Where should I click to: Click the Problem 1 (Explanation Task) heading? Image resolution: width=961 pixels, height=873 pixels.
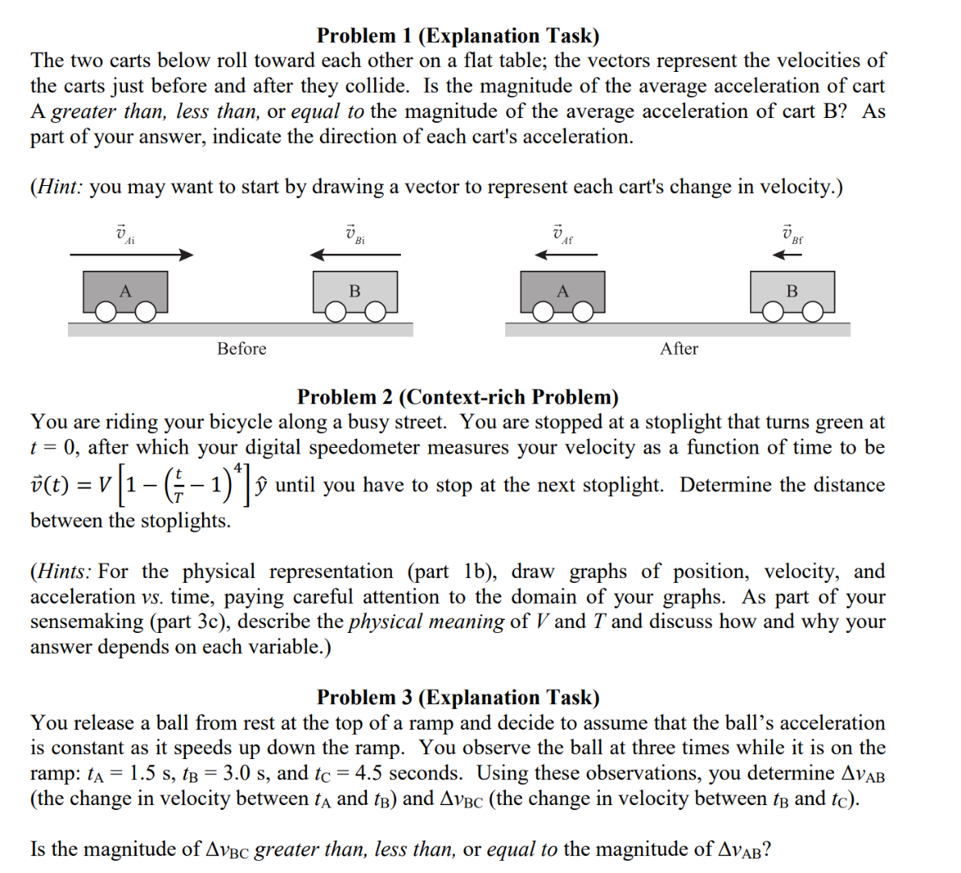pyautogui.click(x=457, y=36)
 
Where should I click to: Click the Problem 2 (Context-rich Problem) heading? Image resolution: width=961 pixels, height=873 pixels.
pyautogui.click(x=457, y=397)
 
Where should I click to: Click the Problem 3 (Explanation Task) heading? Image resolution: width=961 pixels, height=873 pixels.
pyautogui.click(x=457, y=697)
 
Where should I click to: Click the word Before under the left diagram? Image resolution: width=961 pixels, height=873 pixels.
pyautogui.click(x=241, y=348)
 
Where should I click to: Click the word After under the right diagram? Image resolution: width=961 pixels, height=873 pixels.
pyautogui.click(x=679, y=348)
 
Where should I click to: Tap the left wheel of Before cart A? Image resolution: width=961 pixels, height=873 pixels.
pyautogui.click(x=106, y=313)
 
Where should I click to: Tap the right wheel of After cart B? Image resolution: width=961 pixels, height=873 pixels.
pyautogui.click(x=813, y=313)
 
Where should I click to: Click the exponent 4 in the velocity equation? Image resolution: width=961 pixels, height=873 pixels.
pyautogui.click(x=238, y=466)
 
